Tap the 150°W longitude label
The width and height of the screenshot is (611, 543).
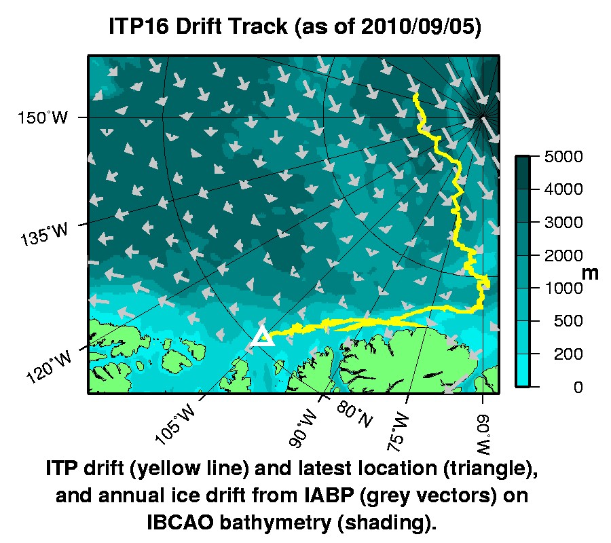(x=43, y=118)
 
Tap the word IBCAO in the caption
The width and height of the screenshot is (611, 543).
(x=179, y=523)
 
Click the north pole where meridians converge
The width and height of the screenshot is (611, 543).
(x=481, y=117)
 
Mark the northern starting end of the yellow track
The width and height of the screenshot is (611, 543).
(x=415, y=96)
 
